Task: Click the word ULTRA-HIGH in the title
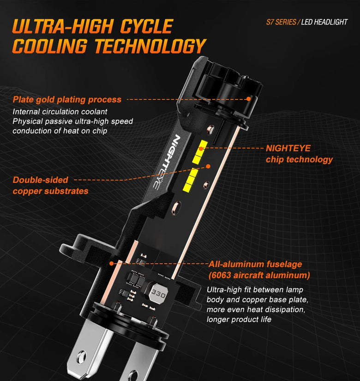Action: [63, 26]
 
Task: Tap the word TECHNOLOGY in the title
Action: [150, 46]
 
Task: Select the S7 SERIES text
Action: [281, 22]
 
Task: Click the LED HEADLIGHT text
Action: [324, 22]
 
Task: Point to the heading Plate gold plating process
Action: [67, 100]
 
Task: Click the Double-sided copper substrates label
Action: [50, 185]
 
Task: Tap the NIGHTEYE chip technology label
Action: [299, 154]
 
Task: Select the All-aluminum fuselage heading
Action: [255, 264]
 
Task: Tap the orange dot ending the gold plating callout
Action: [248, 99]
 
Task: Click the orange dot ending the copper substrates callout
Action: [208, 166]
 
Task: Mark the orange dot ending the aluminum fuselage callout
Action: [112, 263]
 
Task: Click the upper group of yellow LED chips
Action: [199, 152]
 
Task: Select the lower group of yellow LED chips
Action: [191, 179]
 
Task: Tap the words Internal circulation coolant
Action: [60, 112]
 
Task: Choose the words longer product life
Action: [239, 319]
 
